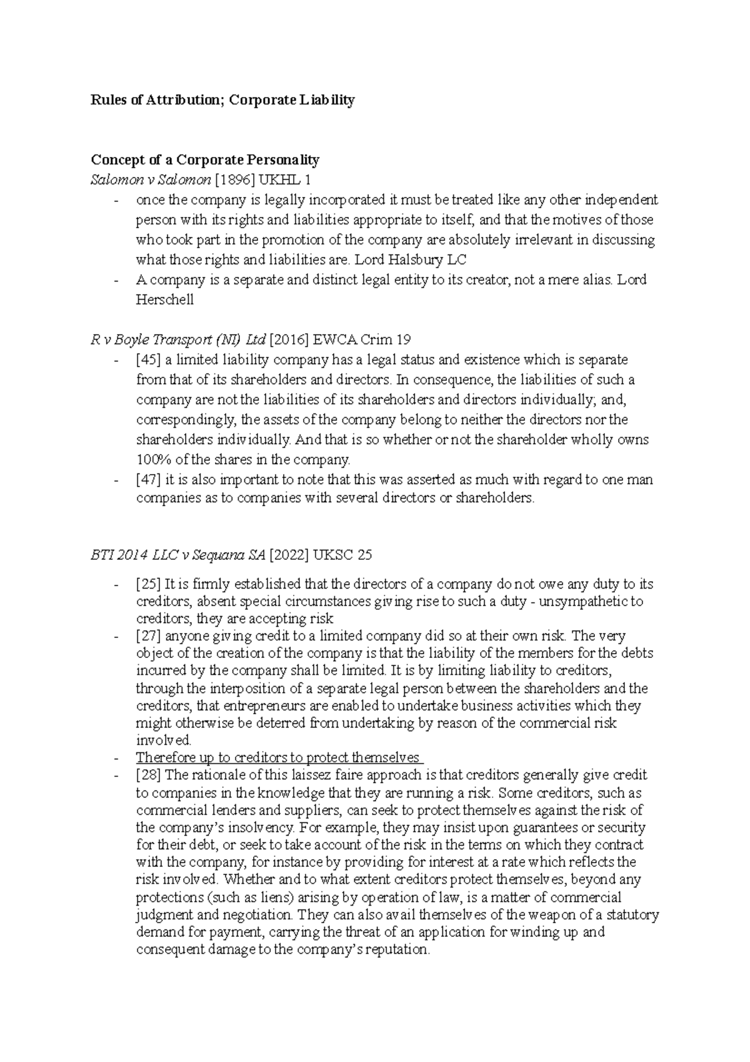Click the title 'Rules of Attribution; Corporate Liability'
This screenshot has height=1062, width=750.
point(222,100)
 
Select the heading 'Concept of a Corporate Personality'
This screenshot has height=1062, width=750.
point(205,160)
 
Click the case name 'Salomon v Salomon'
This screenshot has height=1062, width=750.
point(151,180)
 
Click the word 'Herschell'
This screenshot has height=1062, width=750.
point(164,300)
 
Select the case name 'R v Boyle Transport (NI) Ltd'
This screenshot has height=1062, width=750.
point(177,340)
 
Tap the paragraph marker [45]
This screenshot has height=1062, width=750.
point(149,360)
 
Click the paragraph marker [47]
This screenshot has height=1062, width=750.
point(149,480)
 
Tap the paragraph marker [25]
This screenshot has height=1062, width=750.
point(149,584)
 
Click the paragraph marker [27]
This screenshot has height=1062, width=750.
point(149,637)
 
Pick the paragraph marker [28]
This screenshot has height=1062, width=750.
point(149,775)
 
